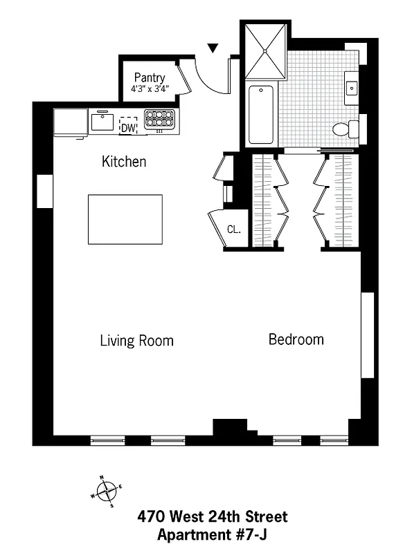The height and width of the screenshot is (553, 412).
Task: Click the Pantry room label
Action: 150,77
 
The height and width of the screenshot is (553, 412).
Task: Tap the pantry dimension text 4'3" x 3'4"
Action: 150,88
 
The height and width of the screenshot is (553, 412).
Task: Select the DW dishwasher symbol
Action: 129,126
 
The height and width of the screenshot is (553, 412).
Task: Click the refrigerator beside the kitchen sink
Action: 70,123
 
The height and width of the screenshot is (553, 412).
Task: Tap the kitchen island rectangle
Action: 125,219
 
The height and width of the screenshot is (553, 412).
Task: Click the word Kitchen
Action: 124,162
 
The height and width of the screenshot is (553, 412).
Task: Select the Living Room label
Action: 136,341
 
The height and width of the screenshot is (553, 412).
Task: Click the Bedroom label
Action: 296,339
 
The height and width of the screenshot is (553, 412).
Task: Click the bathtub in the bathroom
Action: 261,113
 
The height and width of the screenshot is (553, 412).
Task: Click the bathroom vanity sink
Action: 352,87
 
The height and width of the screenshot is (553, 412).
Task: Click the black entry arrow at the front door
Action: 213,48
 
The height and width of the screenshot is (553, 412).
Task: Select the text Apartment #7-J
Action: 213,534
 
